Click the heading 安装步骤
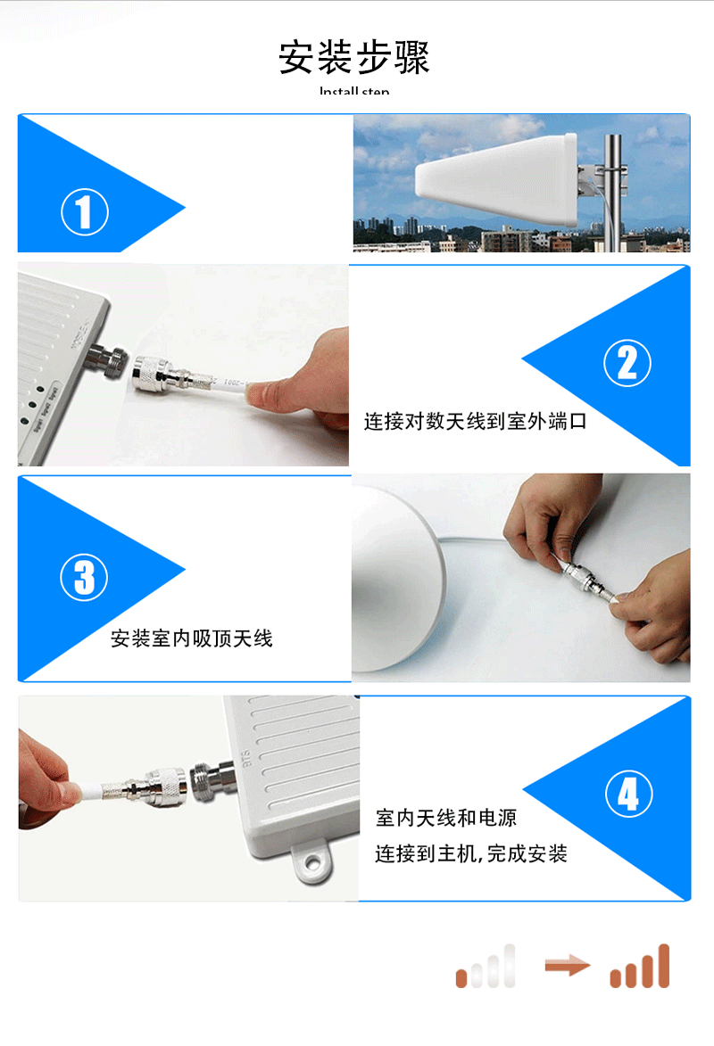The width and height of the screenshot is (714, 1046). (x=354, y=57)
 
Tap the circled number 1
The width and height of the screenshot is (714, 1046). (x=85, y=213)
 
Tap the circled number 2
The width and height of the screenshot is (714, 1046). (x=627, y=363)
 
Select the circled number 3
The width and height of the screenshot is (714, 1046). (x=84, y=576)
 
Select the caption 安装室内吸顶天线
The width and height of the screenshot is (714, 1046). (x=191, y=638)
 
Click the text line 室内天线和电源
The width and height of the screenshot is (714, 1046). (x=445, y=818)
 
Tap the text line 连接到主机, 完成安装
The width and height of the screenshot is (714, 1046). (x=470, y=854)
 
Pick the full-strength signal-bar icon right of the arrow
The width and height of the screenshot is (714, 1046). (x=639, y=967)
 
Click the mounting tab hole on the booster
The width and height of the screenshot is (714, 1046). (x=313, y=862)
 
